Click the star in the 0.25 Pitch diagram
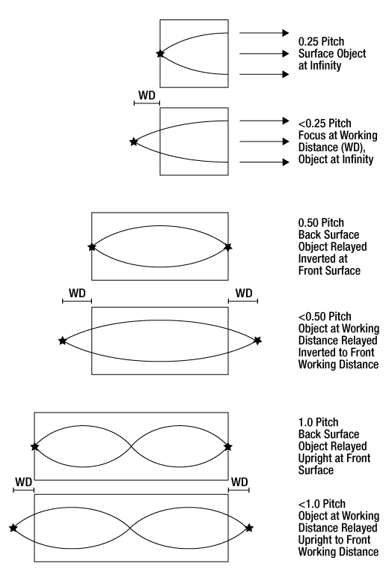[x=160, y=54]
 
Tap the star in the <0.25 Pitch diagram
[x=134, y=142]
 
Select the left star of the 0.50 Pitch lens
[x=91, y=247]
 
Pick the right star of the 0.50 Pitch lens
[x=228, y=247]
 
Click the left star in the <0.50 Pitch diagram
[x=63, y=341]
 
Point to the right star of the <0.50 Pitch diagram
[x=257, y=341]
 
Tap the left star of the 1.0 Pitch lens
[x=34, y=446]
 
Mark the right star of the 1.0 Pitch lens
[x=228, y=446]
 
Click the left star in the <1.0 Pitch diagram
[x=13, y=528]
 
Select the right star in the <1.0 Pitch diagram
[x=249, y=528]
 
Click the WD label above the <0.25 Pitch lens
[x=147, y=95]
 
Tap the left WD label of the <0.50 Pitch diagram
[x=77, y=293]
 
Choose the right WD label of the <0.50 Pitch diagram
[x=244, y=293]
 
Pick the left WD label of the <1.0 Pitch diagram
[x=23, y=482]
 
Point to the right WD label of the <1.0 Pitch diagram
[x=239, y=482]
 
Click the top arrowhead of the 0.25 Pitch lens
[x=286, y=33]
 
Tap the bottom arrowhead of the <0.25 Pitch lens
[x=286, y=162]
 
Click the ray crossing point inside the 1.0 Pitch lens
[x=131, y=446]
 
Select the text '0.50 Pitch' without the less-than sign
[x=321, y=222]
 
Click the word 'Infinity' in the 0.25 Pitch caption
[x=325, y=66]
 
